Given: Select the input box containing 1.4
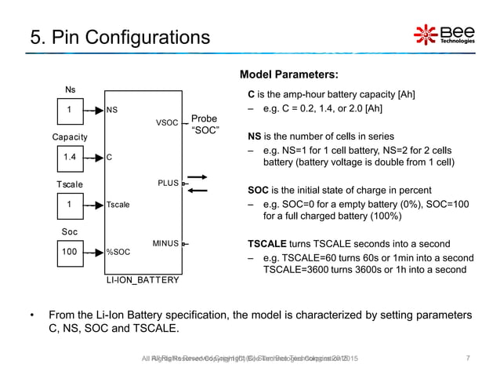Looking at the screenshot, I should (71, 157).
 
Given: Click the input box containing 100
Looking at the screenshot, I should (71, 253).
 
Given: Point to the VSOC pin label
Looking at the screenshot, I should (168, 123).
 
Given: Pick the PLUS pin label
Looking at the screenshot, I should (168, 184).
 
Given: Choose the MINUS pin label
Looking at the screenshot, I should (165, 244).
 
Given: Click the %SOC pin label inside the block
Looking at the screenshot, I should (118, 253).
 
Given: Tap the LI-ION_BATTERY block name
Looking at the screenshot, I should (143, 279).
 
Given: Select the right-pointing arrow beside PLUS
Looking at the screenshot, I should (198, 178).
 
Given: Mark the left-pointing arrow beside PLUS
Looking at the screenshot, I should (198, 190).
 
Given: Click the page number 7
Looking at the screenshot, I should (467, 359).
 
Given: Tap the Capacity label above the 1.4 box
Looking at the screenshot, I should (71, 137).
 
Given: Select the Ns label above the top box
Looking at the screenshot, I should (70, 89).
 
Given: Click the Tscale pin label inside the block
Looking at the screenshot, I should (118, 205).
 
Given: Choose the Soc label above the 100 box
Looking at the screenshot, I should (70, 233).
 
